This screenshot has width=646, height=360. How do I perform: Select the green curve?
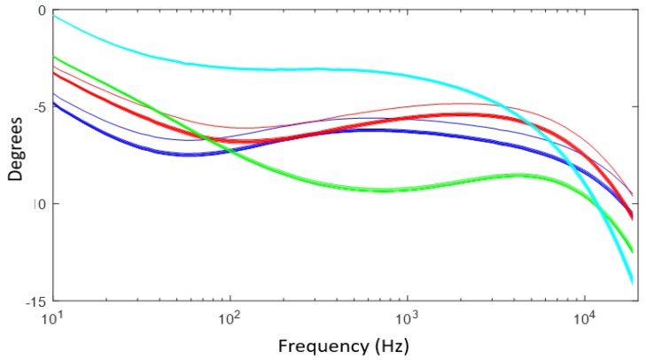click(x=381, y=190)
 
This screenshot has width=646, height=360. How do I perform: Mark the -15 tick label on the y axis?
click(x=35, y=301)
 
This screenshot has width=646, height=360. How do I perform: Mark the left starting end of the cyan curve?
click(x=54, y=16)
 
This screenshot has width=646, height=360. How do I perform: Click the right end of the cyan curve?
click(x=632, y=283)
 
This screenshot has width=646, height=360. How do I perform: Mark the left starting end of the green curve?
click(x=54, y=57)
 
